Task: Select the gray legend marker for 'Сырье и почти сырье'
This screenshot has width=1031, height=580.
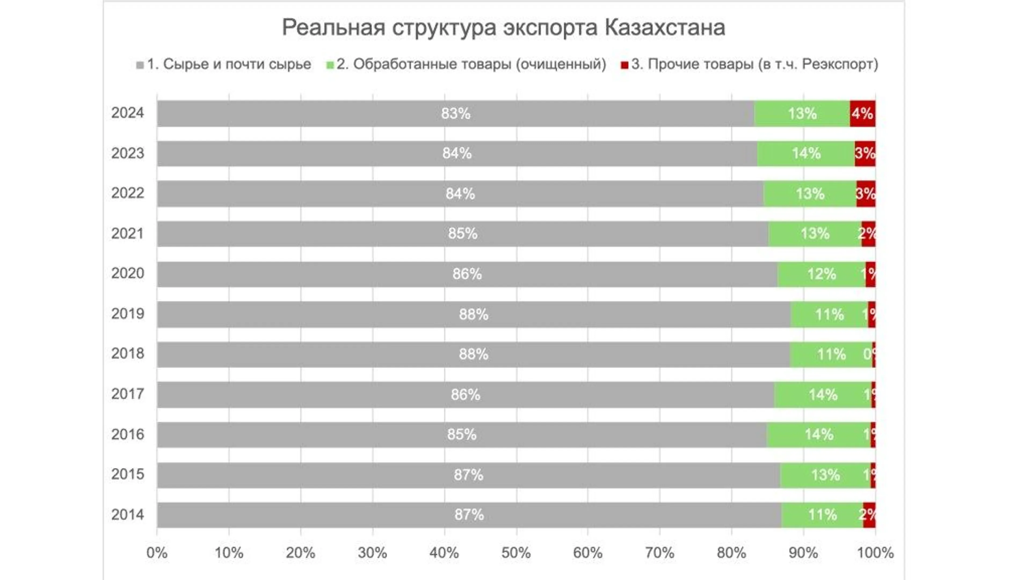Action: click(x=140, y=65)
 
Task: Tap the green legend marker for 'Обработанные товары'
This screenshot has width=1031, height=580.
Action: click(x=330, y=65)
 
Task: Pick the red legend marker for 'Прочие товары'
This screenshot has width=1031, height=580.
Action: click(x=624, y=65)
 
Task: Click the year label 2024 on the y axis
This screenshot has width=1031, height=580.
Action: click(x=127, y=113)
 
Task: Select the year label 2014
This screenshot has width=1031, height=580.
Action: click(x=127, y=515)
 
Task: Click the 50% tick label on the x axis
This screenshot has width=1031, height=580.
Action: click(x=516, y=553)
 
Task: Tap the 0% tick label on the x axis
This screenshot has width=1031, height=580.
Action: click(x=157, y=553)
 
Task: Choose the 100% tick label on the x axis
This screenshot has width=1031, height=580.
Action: click(x=875, y=553)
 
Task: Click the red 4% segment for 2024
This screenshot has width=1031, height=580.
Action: click(x=862, y=114)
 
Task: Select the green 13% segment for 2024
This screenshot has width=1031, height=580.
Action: click(x=802, y=114)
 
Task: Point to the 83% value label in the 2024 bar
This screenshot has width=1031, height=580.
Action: click(x=455, y=114)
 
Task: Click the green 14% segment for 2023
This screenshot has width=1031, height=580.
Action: click(x=806, y=154)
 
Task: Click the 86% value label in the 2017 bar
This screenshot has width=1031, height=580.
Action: click(x=465, y=395)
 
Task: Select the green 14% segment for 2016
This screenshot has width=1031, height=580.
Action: click(x=818, y=435)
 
